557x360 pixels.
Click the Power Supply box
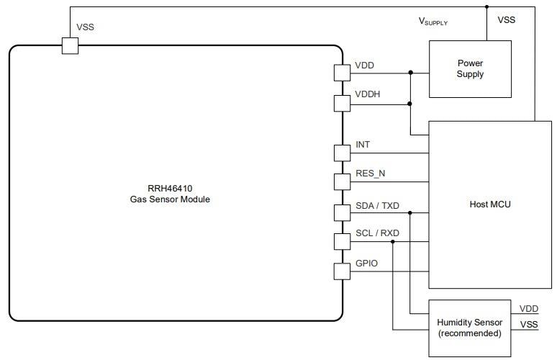coord(470,69)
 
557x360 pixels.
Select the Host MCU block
coord(489,204)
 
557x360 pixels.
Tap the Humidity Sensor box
coord(470,328)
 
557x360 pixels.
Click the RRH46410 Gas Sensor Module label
coord(165,194)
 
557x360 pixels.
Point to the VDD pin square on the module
coord(343,73)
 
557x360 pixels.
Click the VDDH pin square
coord(343,104)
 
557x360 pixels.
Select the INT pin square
coord(343,153)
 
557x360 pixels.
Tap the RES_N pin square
coord(343,181)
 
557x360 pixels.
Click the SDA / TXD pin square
coord(343,212)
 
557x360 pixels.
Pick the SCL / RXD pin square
coord(343,241)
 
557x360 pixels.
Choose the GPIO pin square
coord(343,271)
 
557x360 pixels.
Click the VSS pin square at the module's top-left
coord(70,45)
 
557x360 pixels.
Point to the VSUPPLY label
coord(433,22)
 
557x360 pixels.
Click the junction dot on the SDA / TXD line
coord(410,212)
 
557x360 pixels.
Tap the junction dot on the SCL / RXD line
coord(392,241)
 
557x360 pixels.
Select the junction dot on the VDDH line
coord(410,104)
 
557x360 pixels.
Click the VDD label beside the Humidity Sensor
coord(528,308)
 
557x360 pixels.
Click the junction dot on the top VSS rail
coord(487,7)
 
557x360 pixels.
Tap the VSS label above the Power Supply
coord(507,20)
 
